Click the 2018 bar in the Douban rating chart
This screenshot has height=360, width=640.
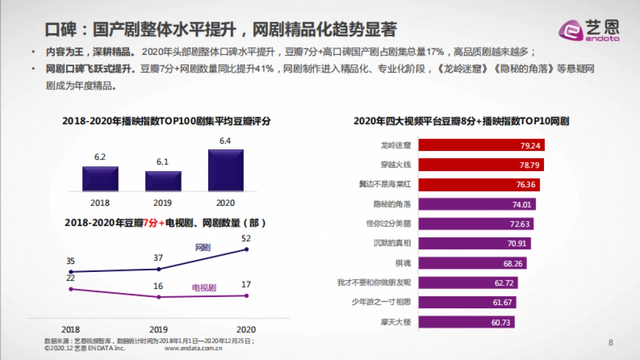point(100,179)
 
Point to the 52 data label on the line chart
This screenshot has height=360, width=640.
point(246,238)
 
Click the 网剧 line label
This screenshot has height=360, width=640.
point(203,247)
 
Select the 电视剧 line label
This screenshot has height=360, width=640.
point(204,288)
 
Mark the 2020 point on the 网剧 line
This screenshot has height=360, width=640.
point(246,249)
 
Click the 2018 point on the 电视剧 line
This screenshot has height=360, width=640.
point(71,289)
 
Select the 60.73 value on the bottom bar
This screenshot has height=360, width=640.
point(501,322)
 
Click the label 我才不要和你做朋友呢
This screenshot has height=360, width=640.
point(374,282)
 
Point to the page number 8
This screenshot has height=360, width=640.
point(611,342)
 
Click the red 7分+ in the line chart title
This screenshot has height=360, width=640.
point(154,223)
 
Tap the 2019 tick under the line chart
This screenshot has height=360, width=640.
point(158,329)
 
